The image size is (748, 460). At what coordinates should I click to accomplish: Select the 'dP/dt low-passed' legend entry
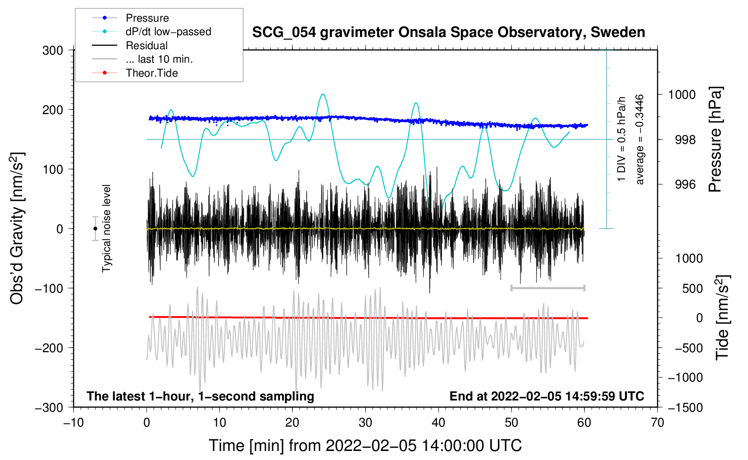tap(168, 32)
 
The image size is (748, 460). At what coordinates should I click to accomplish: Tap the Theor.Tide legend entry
tap(151, 73)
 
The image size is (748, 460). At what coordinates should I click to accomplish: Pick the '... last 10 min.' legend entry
tap(159, 59)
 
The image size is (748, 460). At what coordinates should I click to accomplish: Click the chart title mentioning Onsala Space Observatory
tap(448, 32)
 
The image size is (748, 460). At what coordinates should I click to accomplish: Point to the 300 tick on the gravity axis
tap(53, 51)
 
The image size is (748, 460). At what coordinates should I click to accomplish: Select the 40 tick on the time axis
tap(438, 423)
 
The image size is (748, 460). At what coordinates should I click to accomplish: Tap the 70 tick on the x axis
tap(657, 423)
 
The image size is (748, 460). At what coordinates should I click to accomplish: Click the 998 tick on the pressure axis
tap(685, 140)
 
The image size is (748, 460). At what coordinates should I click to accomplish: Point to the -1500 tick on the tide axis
tap(685, 408)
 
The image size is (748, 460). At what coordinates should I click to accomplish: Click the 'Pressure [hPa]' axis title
tap(715, 140)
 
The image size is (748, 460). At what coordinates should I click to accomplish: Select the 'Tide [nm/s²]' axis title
tap(722, 317)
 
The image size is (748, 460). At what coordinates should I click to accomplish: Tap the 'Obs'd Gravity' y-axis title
tap(17, 229)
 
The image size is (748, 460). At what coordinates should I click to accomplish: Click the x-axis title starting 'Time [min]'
tap(365, 446)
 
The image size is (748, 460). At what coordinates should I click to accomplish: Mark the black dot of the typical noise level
tap(95, 229)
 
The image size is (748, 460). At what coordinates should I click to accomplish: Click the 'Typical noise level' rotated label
tap(106, 229)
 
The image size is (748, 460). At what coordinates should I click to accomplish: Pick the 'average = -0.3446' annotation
tap(639, 140)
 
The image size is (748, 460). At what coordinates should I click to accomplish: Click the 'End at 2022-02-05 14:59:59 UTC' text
tap(547, 396)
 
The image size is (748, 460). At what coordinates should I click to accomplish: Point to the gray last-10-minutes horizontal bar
tap(547, 288)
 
